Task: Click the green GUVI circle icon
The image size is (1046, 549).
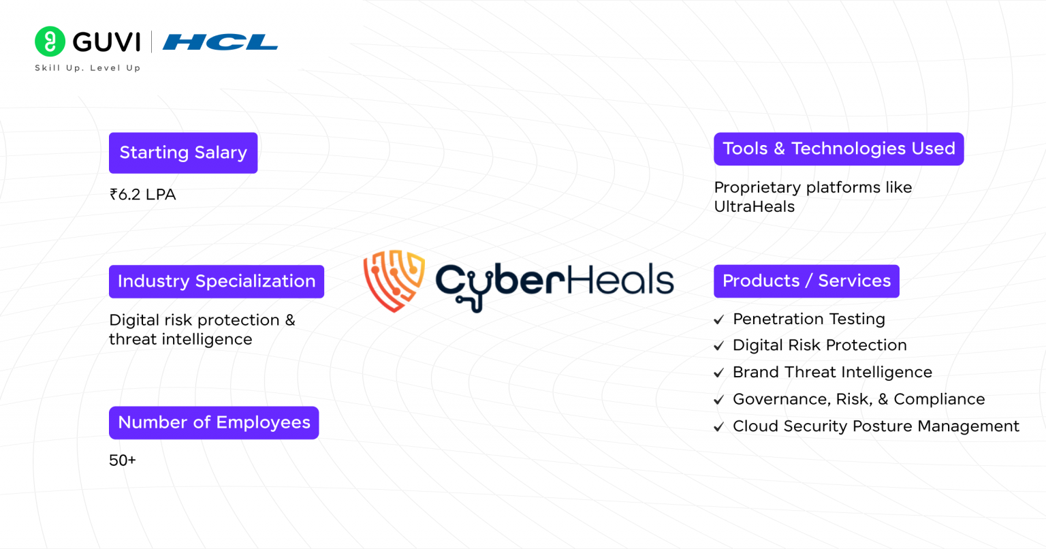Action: pyautogui.click(x=50, y=42)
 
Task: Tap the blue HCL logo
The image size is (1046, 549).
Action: pyautogui.click(x=220, y=42)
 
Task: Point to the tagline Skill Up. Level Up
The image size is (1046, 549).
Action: pyautogui.click(x=88, y=68)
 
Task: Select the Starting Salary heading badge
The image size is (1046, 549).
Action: pyautogui.click(x=183, y=153)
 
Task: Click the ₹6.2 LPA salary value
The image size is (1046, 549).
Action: pyautogui.click(x=143, y=195)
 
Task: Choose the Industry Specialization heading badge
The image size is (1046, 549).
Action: pyautogui.click(x=217, y=281)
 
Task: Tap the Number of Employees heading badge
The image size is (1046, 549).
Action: pyautogui.click(x=214, y=422)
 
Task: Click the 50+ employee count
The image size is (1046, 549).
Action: pyautogui.click(x=123, y=460)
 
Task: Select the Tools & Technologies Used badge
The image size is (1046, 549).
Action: pyautogui.click(x=838, y=148)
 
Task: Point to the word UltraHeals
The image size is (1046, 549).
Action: pyautogui.click(x=754, y=207)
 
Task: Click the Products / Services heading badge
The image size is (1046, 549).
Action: pyautogui.click(x=806, y=281)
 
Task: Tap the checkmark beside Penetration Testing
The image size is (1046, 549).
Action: pyautogui.click(x=718, y=319)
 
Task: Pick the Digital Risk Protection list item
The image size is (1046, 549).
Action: pyautogui.click(x=819, y=345)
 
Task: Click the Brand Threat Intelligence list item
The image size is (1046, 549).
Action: pyautogui.click(x=832, y=373)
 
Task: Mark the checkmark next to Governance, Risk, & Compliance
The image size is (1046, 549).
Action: pyautogui.click(x=718, y=400)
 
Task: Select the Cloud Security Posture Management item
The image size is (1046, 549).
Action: pyautogui.click(x=876, y=426)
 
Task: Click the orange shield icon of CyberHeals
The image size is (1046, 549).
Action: pyautogui.click(x=394, y=280)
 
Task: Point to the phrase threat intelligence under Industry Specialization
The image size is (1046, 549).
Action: pyautogui.click(x=180, y=339)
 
